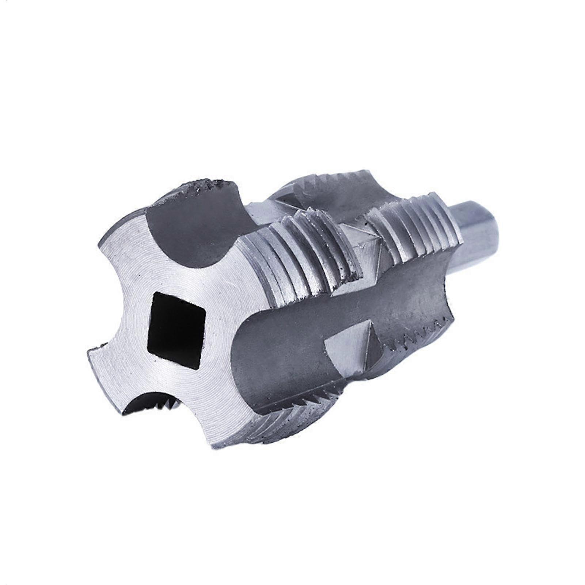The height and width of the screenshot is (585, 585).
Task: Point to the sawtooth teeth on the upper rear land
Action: (x=336, y=179)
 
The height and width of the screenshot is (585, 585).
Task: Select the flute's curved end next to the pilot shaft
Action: (x=438, y=285)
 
